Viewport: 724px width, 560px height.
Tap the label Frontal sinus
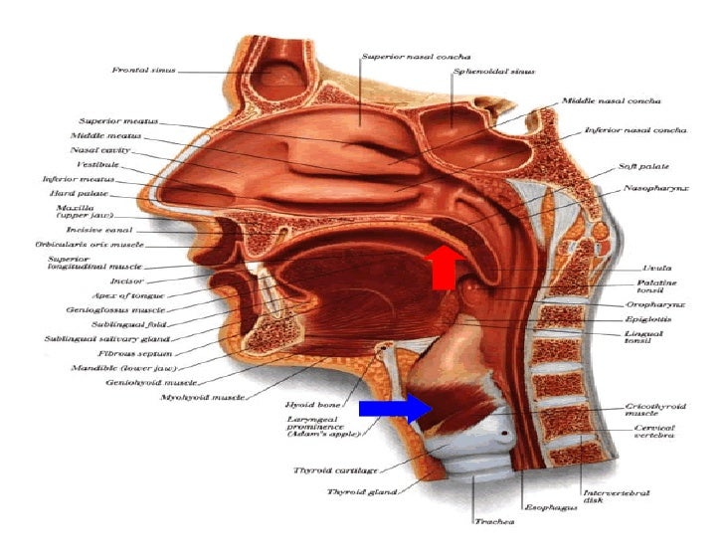click(x=142, y=70)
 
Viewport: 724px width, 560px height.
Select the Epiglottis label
click(x=648, y=321)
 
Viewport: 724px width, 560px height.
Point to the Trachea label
click(x=493, y=520)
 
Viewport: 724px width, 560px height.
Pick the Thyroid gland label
click(x=362, y=490)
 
